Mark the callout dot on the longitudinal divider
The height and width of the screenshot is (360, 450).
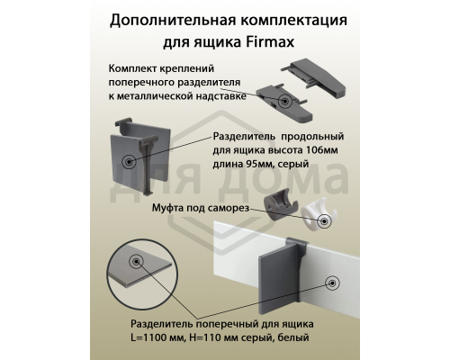pyautogui.click(x=130, y=161)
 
